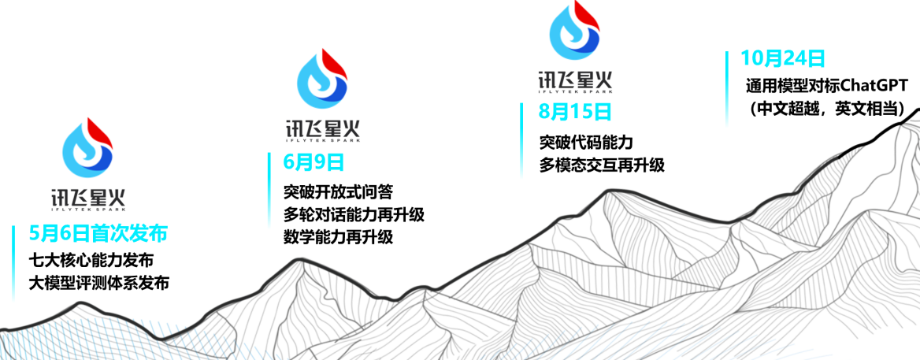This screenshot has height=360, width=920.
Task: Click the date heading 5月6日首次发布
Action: pos(98,234)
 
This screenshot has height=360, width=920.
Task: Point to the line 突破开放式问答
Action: pos(338,191)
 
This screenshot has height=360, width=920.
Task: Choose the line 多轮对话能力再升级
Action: pos(354,214)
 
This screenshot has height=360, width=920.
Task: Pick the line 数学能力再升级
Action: pos(338,237)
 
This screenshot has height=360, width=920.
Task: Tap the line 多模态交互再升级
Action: pos(602,165)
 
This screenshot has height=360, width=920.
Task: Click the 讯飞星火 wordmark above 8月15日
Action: pos(573,80)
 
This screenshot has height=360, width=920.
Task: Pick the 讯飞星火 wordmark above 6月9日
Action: pos(322,128)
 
